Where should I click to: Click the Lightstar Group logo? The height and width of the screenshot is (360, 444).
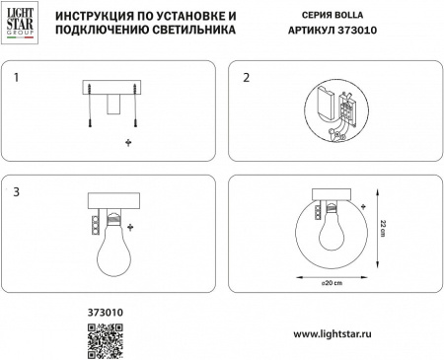tap(20, 24)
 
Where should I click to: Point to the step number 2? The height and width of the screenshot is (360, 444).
tap(247, 75)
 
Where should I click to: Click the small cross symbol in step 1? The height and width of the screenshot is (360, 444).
tap(127, 144)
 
